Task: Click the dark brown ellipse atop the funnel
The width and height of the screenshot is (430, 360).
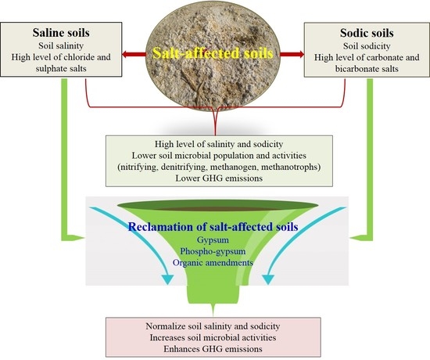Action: (214, 209)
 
